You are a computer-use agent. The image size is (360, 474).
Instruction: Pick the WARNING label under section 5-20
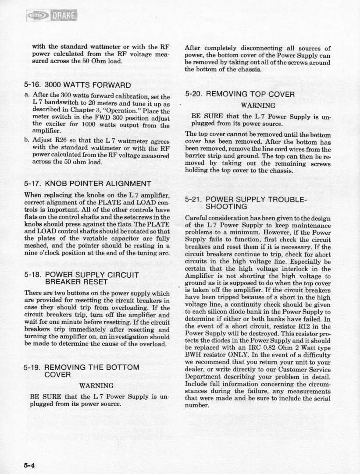tap(256, 106)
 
